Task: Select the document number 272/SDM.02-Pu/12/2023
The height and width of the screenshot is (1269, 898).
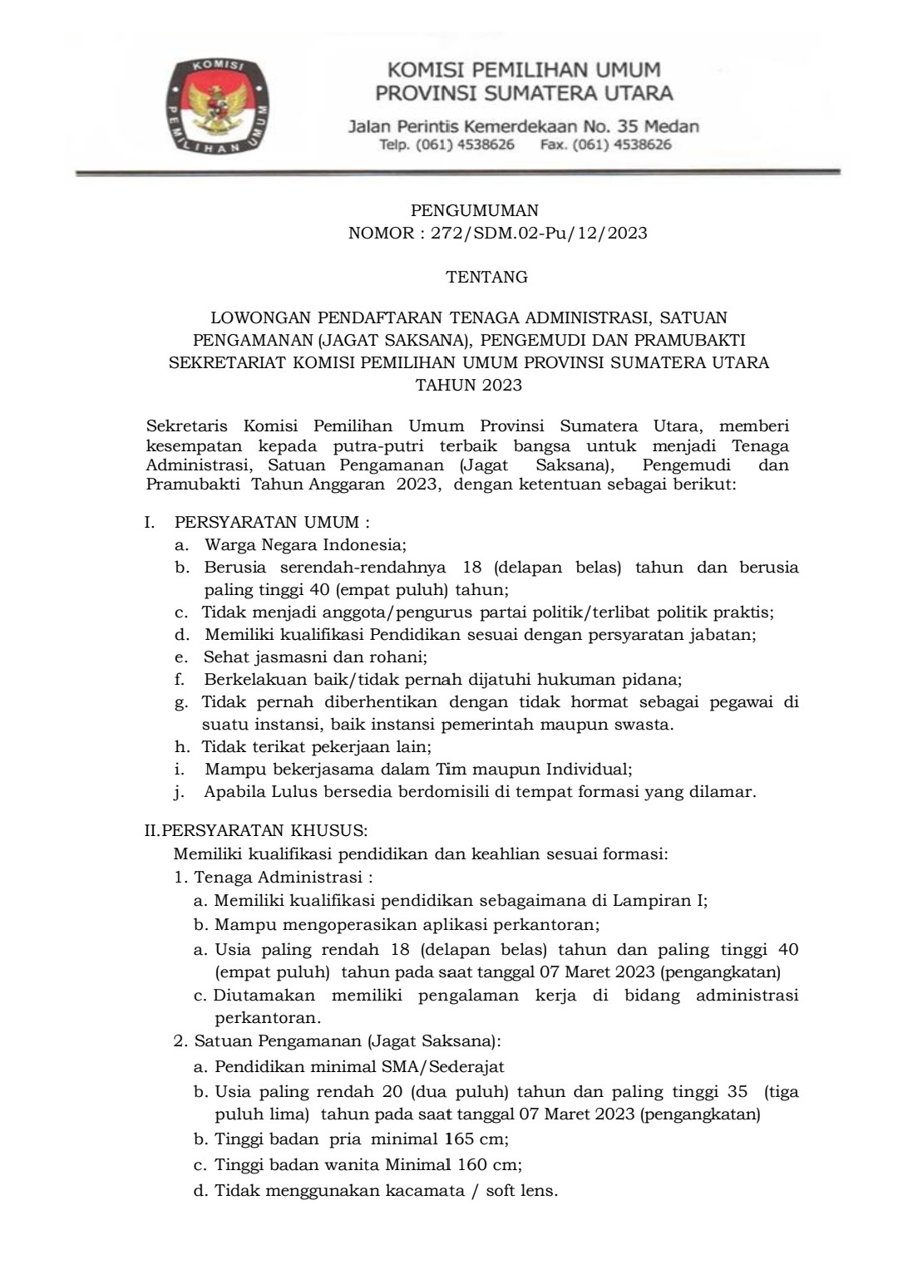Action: click(539, 233)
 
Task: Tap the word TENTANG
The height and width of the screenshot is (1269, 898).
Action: click(486, 278)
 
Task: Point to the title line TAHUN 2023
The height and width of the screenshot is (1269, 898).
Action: click(469, 385)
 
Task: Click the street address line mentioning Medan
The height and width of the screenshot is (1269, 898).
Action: click(523, 127)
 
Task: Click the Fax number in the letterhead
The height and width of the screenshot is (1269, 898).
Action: click(605, 145)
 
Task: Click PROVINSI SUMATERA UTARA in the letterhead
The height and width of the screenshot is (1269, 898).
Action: click(524, 92)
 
